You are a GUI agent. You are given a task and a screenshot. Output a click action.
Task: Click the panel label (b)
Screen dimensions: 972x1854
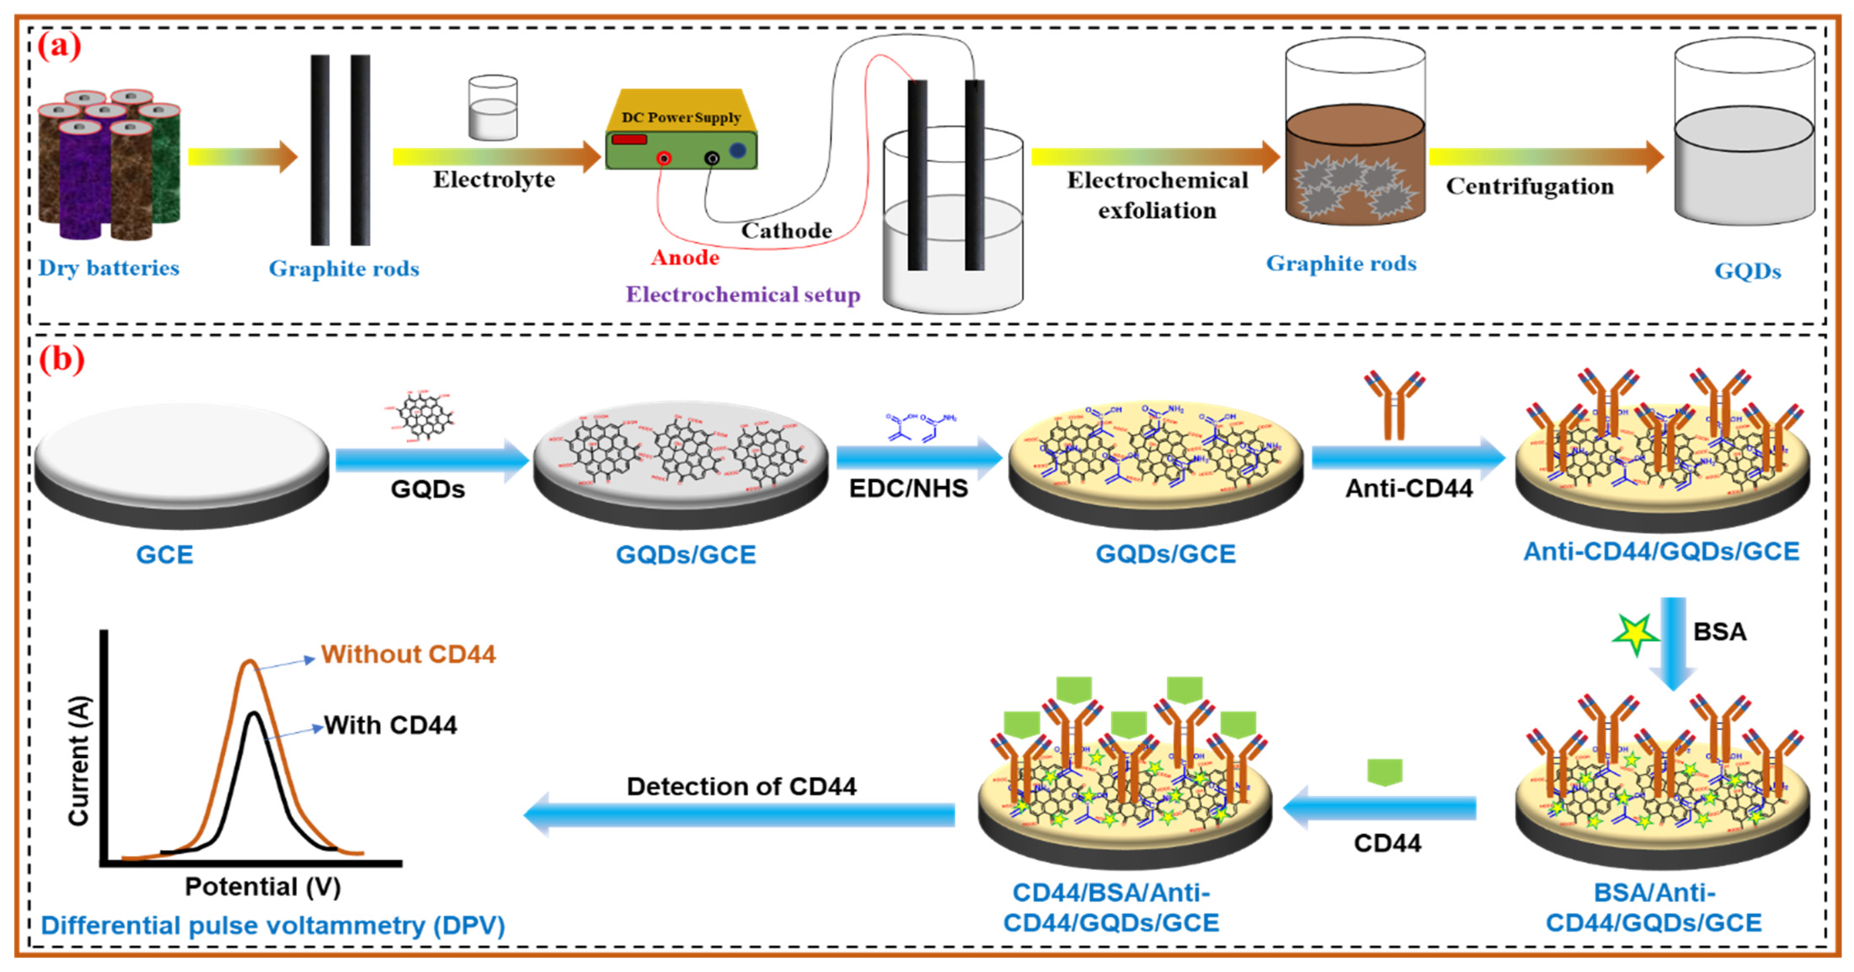tap(61, 359)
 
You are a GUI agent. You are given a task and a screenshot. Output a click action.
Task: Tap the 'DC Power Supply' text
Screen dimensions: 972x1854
tap(681, 117)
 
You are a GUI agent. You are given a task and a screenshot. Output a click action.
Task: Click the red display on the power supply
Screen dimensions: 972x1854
tap(629, 139)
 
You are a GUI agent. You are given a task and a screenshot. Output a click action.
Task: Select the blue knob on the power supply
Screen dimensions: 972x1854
tap(738, 150)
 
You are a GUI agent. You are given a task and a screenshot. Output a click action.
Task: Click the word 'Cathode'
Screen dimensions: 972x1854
tap(786, 230)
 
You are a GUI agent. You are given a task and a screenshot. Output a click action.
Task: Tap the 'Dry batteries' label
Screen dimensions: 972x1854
tap(109, 268)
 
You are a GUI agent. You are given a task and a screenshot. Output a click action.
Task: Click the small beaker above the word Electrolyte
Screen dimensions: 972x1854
tap(492, 108)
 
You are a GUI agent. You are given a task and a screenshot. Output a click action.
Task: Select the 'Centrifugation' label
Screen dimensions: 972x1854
tap(1529, 186)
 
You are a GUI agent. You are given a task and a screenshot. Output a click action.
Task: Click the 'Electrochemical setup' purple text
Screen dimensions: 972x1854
tap(743, 294)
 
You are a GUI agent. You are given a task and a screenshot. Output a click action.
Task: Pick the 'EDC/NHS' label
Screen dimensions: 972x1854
tap(908, 488)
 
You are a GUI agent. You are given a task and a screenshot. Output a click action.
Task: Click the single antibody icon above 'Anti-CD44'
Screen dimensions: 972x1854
tap(1394, 404)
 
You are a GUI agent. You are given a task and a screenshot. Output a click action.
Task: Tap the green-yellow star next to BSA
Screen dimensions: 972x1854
tap(1635, 634)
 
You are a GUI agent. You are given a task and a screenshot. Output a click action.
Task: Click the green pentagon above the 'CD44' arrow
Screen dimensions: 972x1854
tap(1385, 772)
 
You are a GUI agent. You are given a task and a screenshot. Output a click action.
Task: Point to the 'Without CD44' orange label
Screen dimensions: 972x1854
tap(408, 654)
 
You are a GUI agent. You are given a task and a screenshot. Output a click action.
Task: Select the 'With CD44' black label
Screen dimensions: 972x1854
tap(390, 725)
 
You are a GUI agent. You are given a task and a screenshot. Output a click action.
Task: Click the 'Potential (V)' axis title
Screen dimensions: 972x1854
tap(263, 886)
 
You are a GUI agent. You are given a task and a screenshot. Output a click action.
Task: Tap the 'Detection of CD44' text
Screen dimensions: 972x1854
tap(741, 786)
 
